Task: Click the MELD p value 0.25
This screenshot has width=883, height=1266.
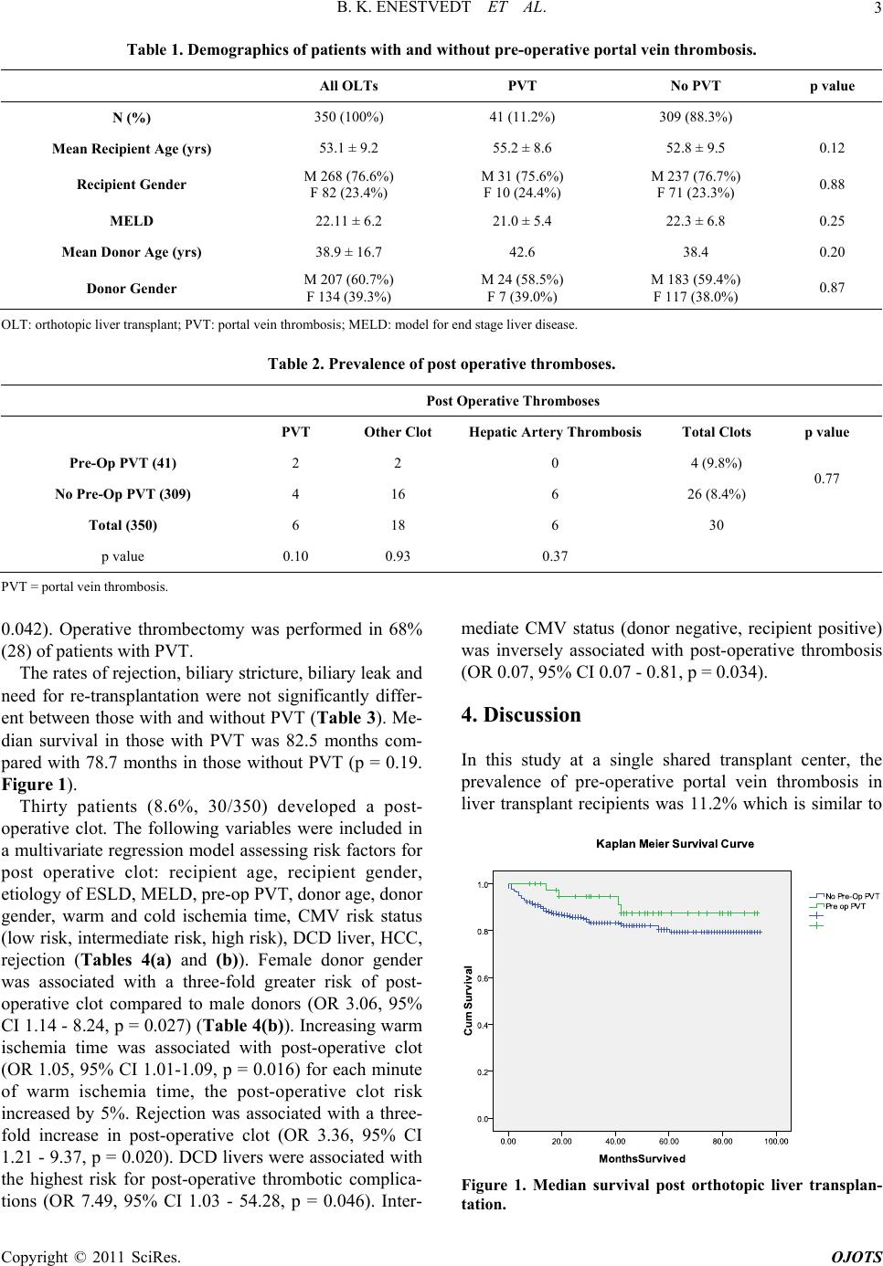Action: point(832,221)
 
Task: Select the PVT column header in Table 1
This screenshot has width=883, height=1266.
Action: point(522,86)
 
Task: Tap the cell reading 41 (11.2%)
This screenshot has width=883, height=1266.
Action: point(522,117)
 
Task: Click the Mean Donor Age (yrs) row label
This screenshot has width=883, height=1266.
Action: point(132,252)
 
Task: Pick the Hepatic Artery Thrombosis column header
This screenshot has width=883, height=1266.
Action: point(555,432)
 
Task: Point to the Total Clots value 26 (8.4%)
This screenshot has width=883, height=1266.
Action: point(716,494)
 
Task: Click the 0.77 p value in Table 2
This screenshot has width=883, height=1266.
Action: point(825,479)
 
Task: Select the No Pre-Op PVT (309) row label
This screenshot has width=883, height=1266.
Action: point(122,494)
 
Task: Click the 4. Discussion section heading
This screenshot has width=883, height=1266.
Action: point(521,715)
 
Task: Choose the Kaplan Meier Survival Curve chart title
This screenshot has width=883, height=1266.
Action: point(675,844)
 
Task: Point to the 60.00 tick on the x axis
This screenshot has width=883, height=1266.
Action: point(668,1141)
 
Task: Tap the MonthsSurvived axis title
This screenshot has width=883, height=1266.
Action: point(642,1158)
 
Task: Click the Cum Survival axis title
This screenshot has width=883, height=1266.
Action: point(468,1000)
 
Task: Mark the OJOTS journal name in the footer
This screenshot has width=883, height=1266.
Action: point(857,1257)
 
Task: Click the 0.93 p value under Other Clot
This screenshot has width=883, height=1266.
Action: point(398,556)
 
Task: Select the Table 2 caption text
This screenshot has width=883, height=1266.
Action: point(441,364)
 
